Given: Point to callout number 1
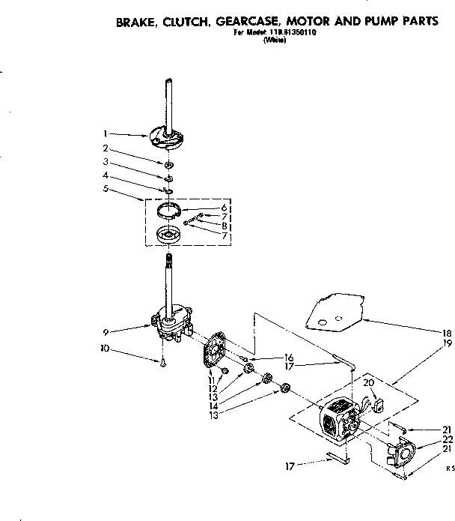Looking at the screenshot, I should tap(107, 134).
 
